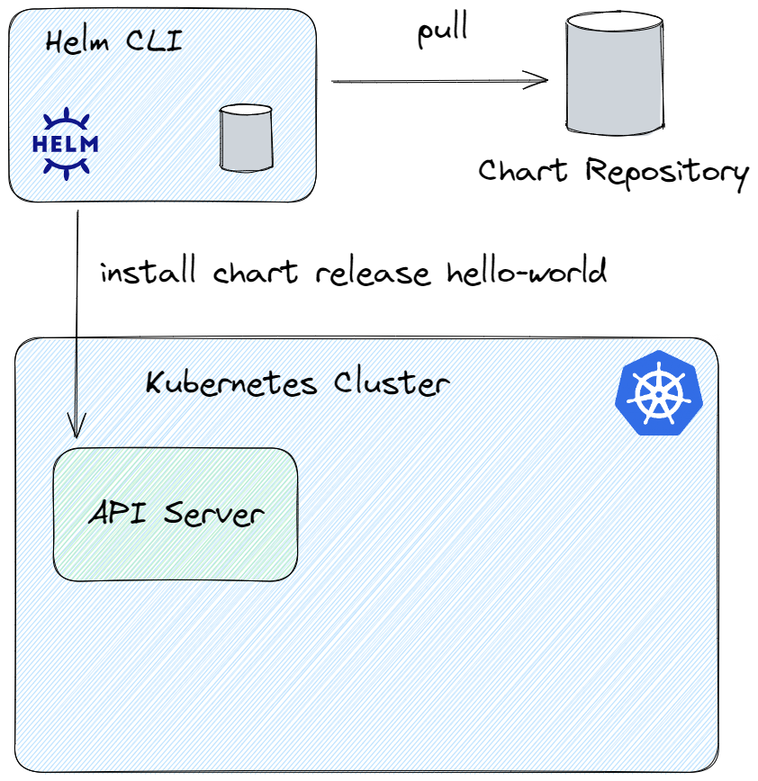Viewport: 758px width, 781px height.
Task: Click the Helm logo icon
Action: [x=66, y=143]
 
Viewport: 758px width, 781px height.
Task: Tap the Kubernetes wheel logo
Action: [x=659, y=393]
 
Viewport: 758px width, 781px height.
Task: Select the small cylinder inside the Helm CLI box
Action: [x=246, y=138]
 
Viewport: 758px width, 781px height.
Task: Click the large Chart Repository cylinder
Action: [x=615, y=74]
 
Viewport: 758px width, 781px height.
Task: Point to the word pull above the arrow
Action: [x=443, y=30]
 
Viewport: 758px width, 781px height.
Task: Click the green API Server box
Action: [x=176, y=514]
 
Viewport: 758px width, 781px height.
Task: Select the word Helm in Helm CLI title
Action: [x=77, y=41]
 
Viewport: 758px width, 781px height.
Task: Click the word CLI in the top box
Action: [x=154, y=40]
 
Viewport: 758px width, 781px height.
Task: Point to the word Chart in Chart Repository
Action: [x=523, y=170]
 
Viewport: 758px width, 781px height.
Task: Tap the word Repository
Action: [x=667, y=173]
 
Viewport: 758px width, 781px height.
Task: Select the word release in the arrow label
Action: [x=373, y=272]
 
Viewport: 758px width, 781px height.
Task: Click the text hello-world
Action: [x=527, y=271]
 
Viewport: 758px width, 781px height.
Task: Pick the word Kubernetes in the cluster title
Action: [x=231, y=383]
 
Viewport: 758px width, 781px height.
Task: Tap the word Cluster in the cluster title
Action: [x=392, y=383]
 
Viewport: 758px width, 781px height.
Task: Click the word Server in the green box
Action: [x=214, y=514]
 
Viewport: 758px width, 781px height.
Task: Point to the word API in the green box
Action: [x=118, y=512]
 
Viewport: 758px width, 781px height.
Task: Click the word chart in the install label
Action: [x=256, y=272]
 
